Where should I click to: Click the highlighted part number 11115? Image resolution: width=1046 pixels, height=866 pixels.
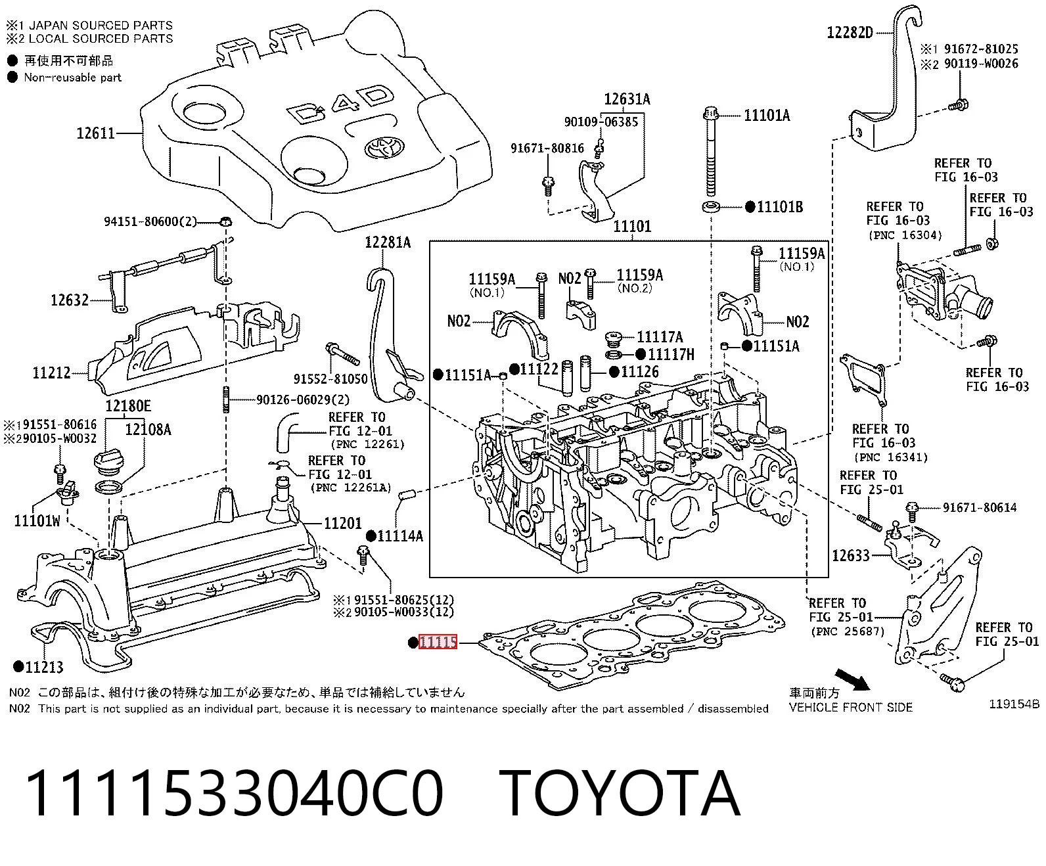(x=438, y=642)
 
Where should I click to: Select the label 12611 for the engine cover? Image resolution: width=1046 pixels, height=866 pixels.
(x=96, y=133)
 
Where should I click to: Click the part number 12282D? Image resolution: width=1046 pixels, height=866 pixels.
(x=850, y=33)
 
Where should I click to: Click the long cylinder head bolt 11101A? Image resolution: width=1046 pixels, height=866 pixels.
(x=711, y=151)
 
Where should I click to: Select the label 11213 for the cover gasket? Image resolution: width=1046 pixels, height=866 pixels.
(x=44, y=667)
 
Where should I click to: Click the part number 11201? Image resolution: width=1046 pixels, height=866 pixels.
(x=343, y=523)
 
